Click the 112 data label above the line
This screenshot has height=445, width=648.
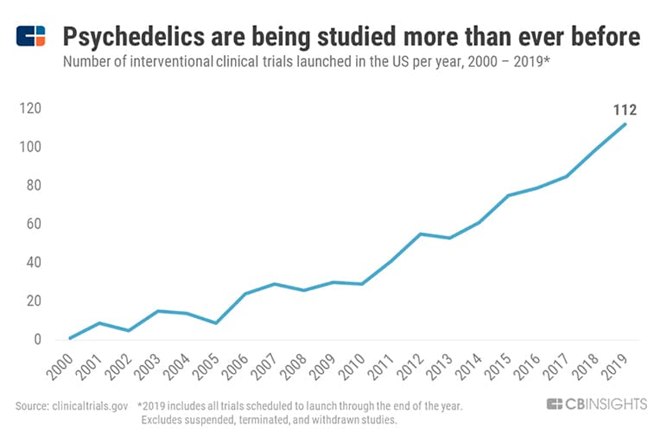(x=625, y=109)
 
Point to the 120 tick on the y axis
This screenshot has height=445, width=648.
(x=29, y=109)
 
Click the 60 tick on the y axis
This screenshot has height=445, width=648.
(x=32, y=225)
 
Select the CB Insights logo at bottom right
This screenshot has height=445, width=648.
(x=596, y=404)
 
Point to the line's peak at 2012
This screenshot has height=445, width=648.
(x=421, y=234)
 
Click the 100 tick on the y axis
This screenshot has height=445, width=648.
(x=29, y=148)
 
